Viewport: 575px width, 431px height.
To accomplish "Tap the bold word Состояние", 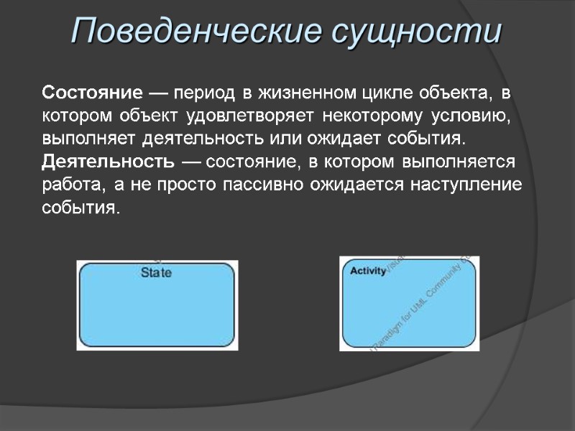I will pyautogui.click(x=91, y=93).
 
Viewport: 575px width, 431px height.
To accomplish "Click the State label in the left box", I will pyautogui.click(x=156, y=273).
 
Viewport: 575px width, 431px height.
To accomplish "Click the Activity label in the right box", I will pyautogui.click(x=368, y=271).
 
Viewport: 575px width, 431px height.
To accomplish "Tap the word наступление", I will pyautogui.click(x=466, y=184).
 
